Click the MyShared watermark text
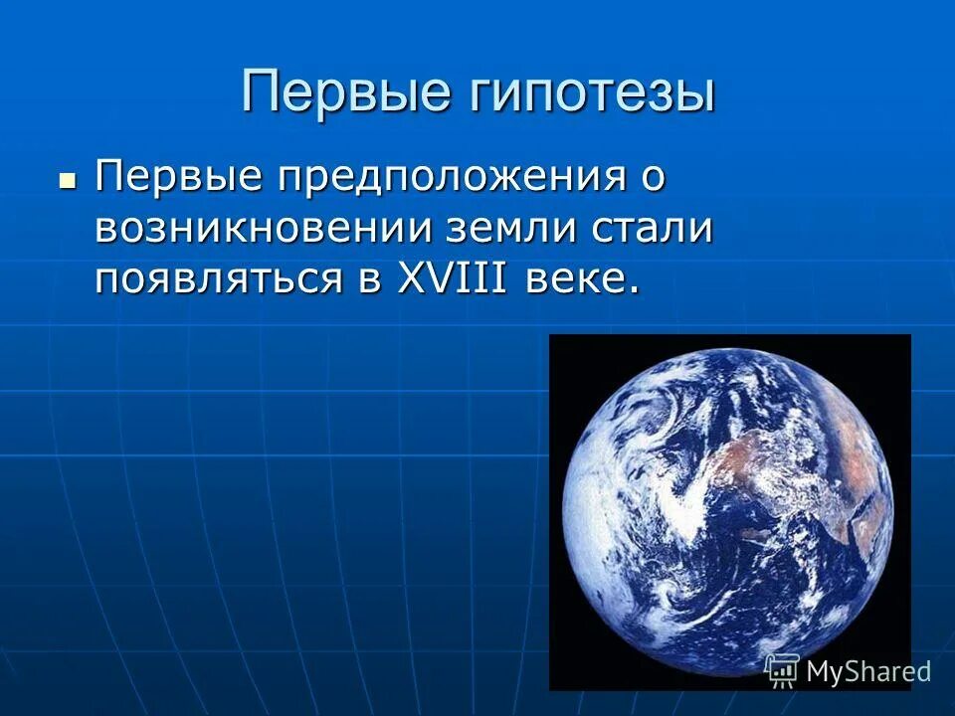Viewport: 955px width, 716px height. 867,671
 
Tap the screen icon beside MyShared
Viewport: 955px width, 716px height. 782,670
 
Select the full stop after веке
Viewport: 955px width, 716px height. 631,290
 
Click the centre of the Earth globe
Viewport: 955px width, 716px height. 729,512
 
